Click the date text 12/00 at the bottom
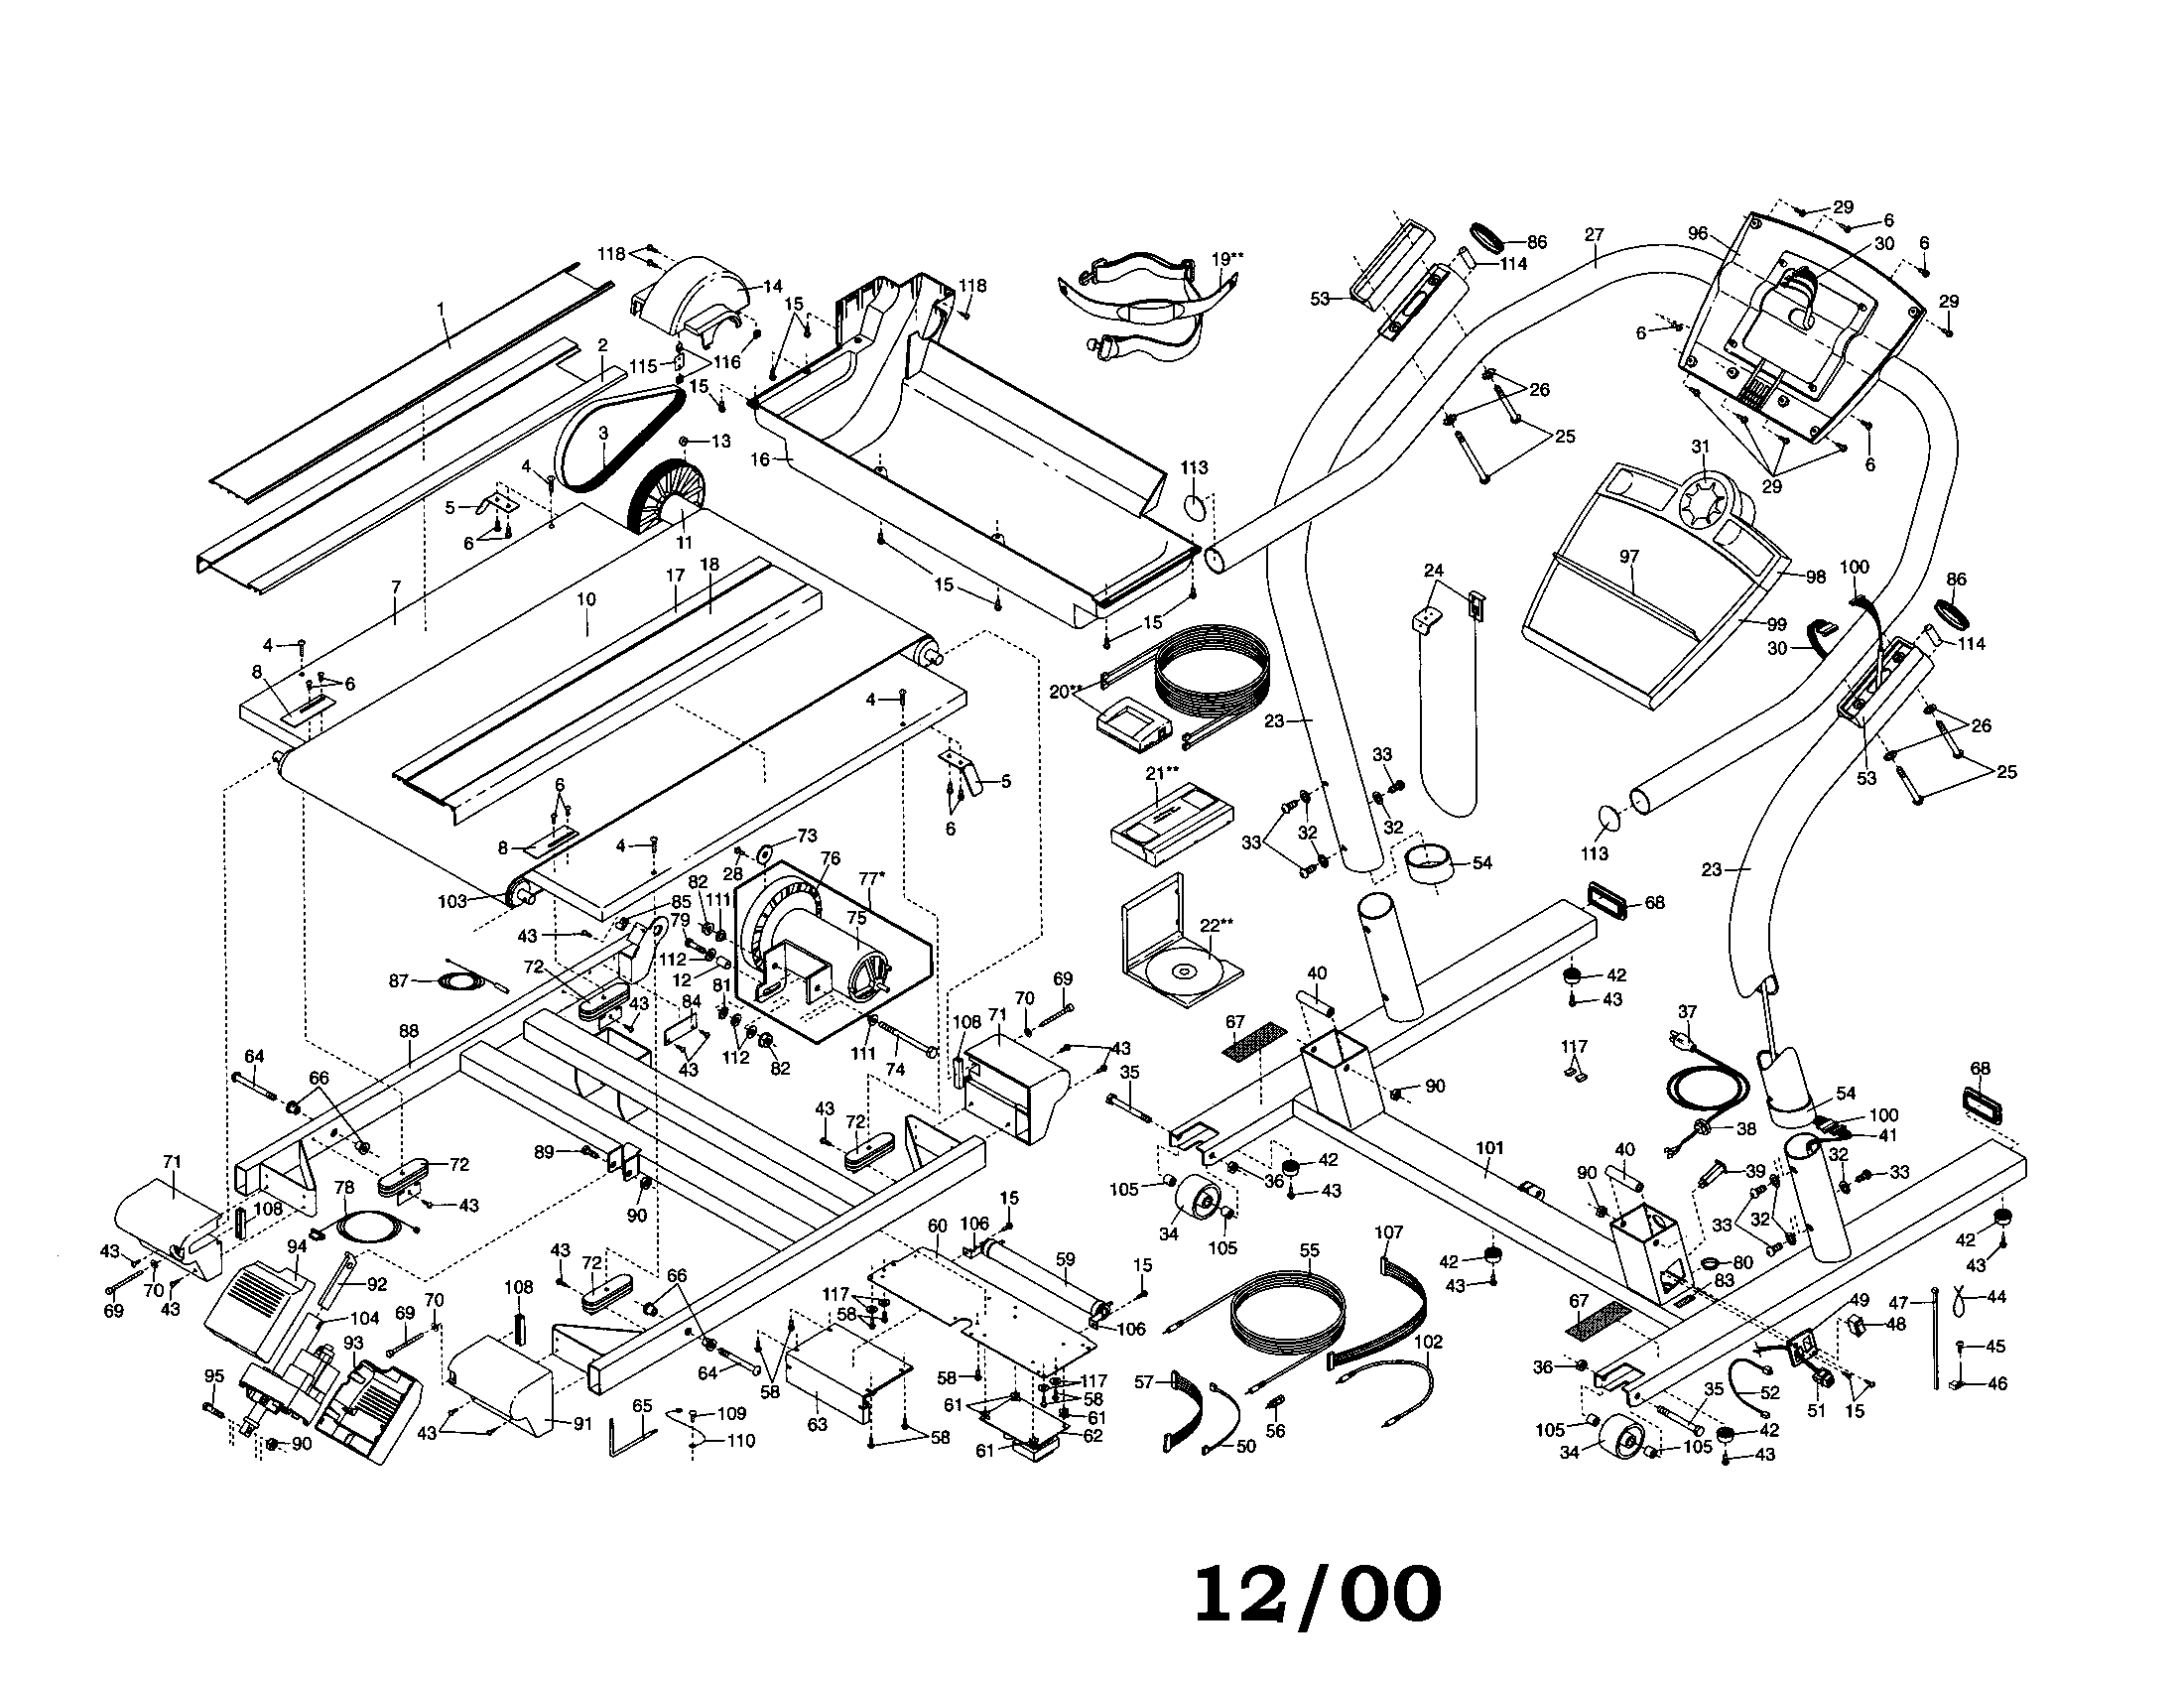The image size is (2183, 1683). [x=1318, y=1594]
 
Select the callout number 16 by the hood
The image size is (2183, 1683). [x=761, y=459]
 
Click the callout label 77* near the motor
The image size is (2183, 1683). [x=870, y=878]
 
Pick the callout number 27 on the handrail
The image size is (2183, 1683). [x=1594, y=235]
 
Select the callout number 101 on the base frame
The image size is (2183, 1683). [x=1489, y=1148]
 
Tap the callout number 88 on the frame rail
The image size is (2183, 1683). [x=408, y=1030]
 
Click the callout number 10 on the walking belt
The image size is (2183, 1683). [x=585, y=599]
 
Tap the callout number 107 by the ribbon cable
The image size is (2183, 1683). [x=1388, y=1232]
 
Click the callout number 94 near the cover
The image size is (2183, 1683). [x=297, y=1246]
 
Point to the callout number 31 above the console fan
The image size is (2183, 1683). [x=1700, y=447]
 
